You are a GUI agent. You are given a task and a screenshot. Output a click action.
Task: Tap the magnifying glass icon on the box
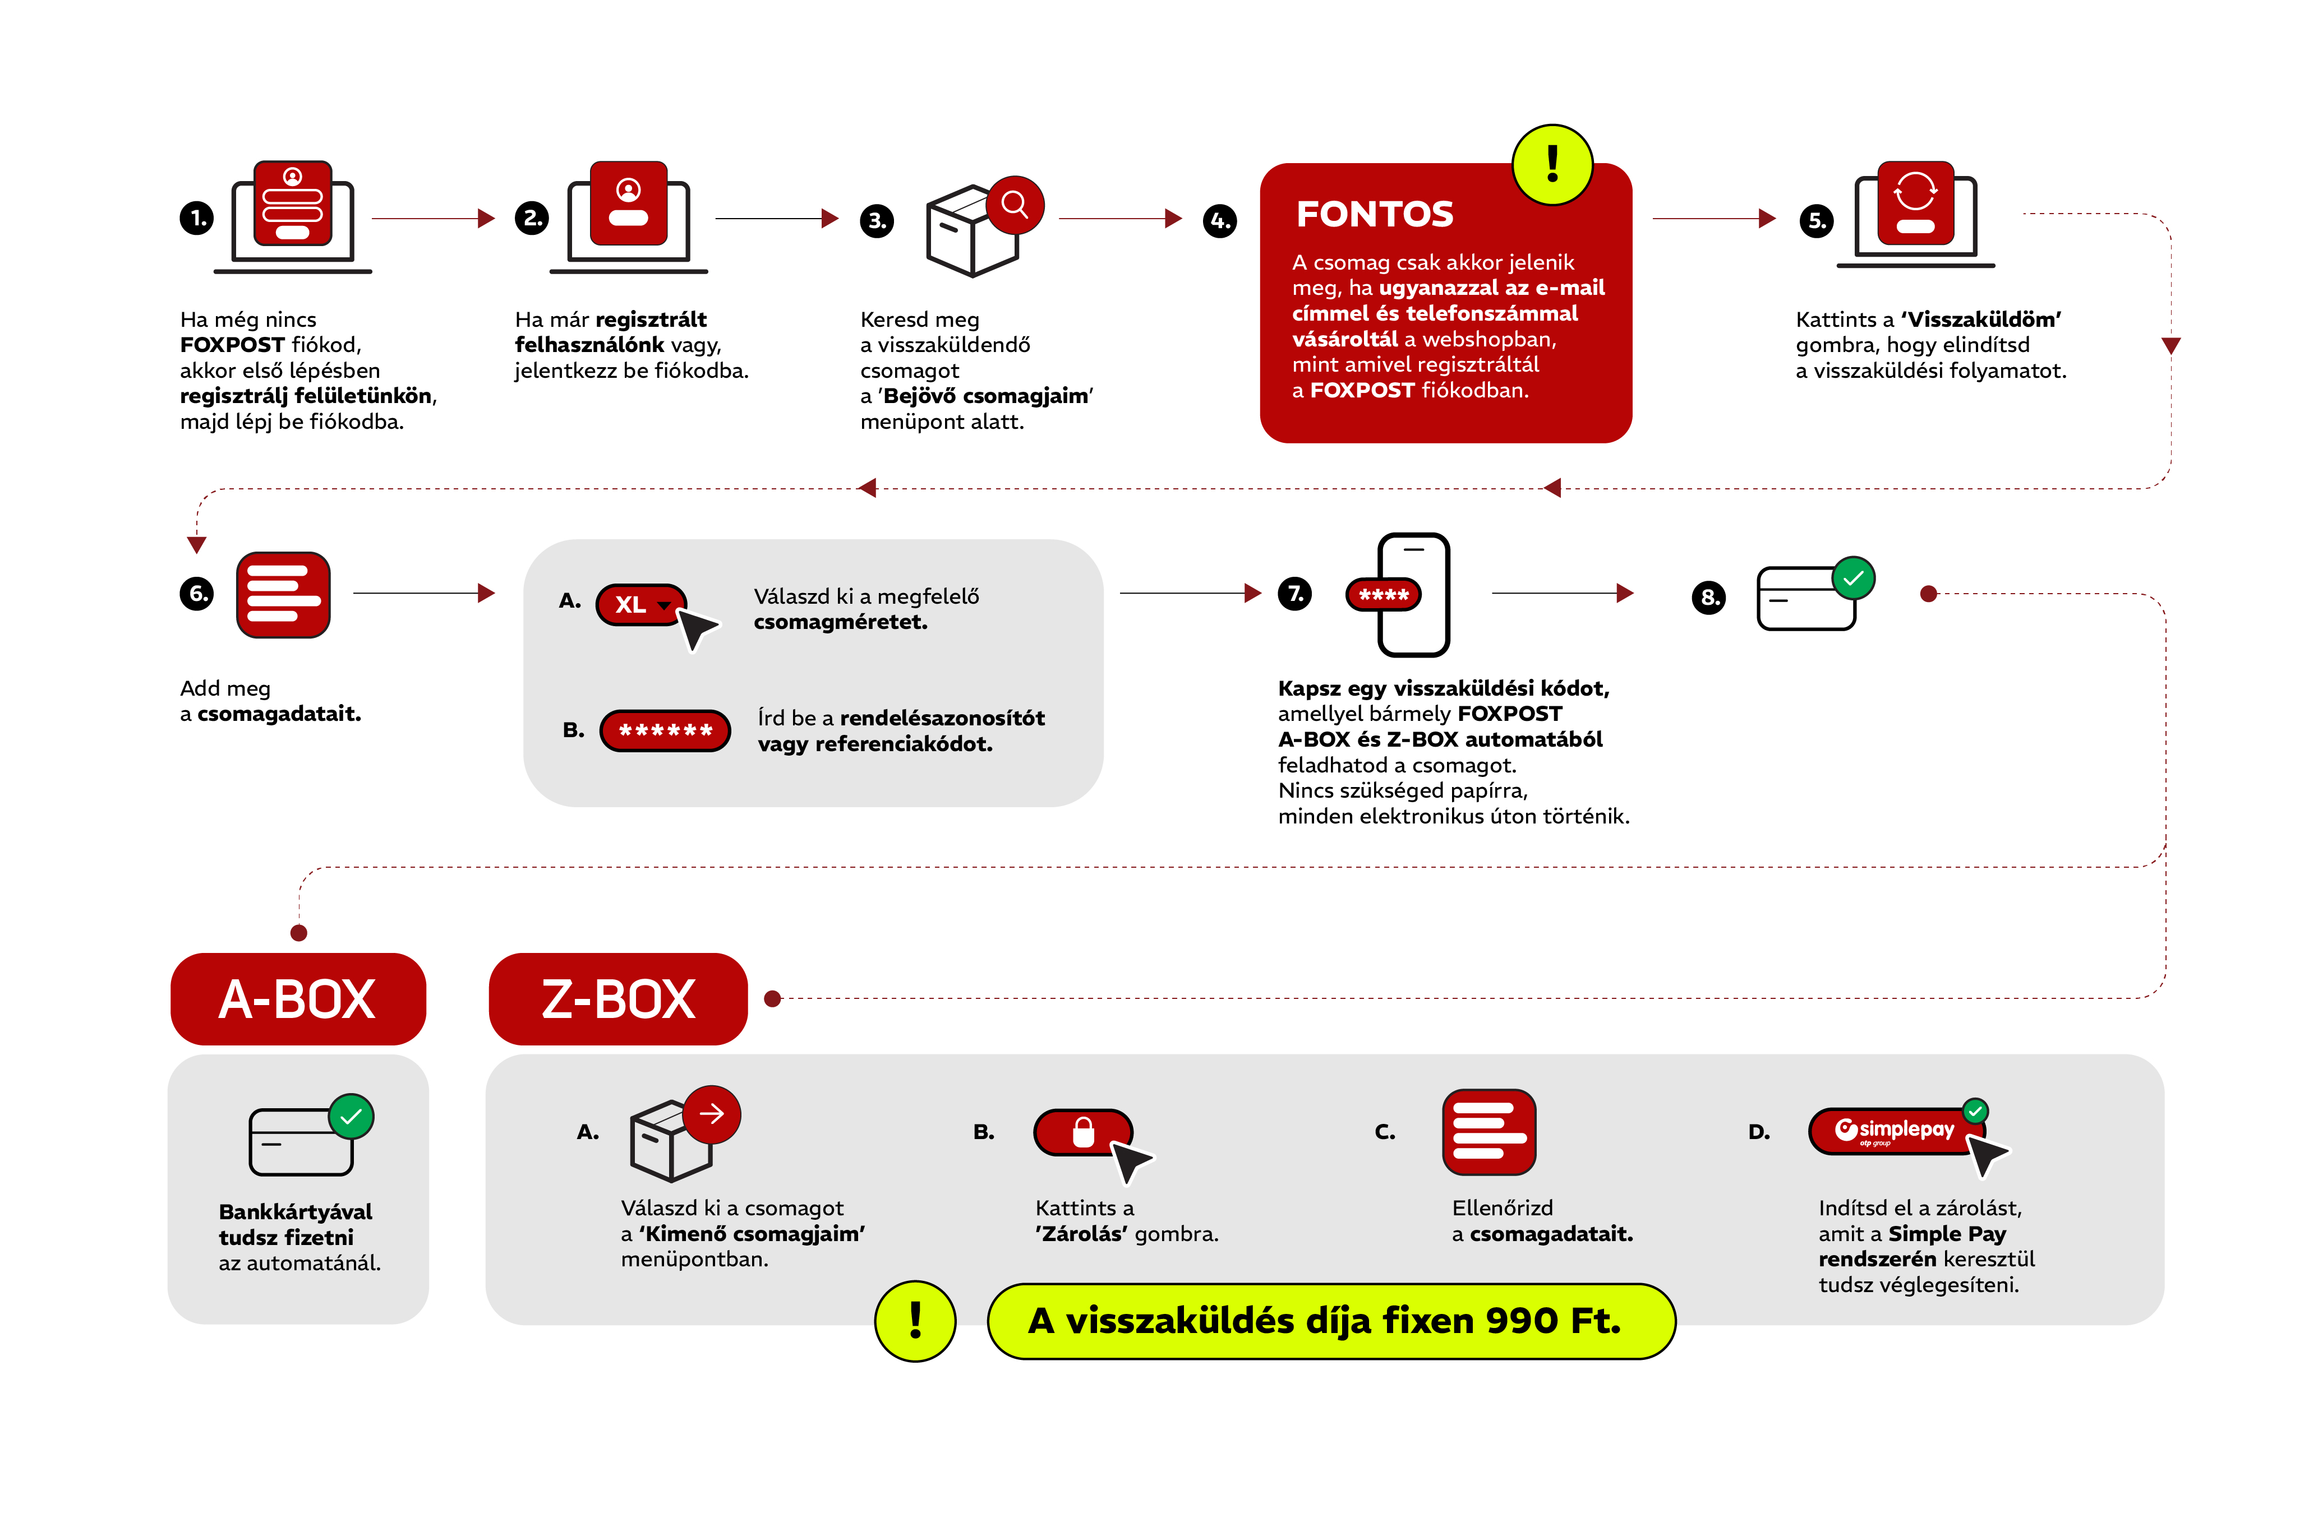[1015, 205]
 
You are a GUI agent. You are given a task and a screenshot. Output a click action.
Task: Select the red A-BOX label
[298, 999]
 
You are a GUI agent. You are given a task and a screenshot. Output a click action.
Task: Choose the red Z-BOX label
[619, 999]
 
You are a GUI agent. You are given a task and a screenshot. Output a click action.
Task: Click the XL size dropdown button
[641, 605]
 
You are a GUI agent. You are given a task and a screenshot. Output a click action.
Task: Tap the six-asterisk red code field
[665, 730]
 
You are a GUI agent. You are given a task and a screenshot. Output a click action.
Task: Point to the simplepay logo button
[1895, 1131]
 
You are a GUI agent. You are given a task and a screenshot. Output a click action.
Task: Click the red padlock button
[1083, 1132]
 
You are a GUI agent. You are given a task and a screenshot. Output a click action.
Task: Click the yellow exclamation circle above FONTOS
[1552, 165]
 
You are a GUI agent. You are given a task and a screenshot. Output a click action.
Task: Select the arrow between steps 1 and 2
[434, 218]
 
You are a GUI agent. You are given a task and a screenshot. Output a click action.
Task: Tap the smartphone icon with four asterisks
[1413, 594]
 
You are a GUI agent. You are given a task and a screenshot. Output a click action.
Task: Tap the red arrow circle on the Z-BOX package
[712, 1114]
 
